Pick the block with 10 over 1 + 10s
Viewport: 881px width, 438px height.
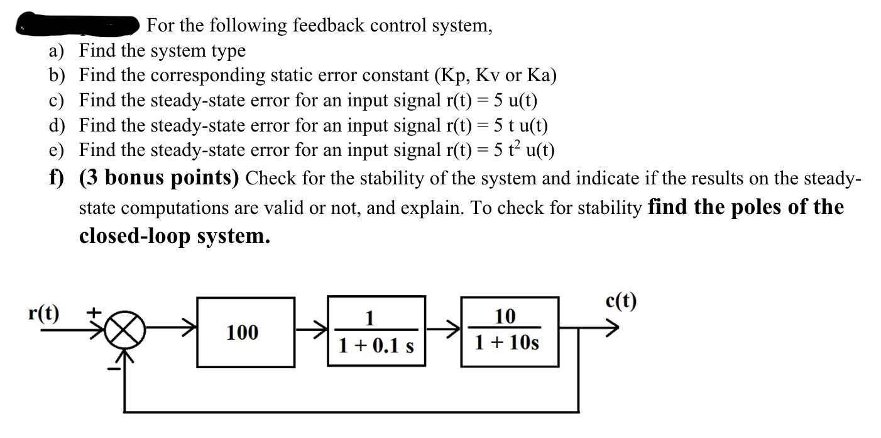509,330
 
